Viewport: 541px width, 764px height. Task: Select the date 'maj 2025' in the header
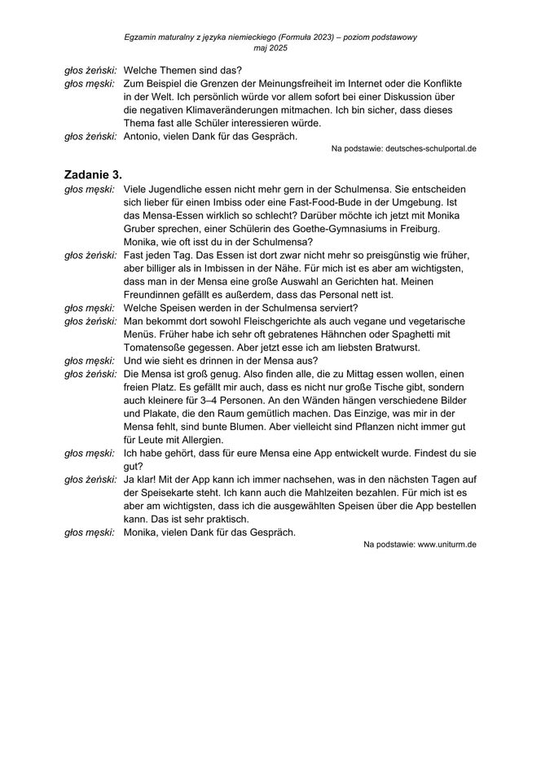click(270, 49)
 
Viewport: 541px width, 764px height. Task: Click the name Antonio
click(143, 137)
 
